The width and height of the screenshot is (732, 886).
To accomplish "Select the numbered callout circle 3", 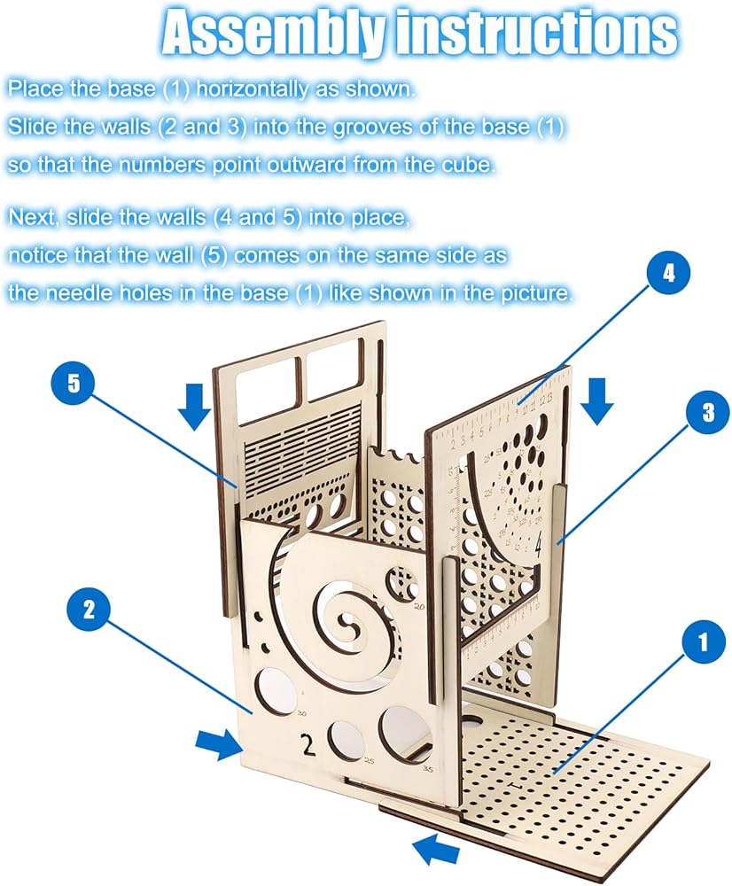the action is (706, 414).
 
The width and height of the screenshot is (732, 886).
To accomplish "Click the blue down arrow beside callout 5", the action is (194, 405).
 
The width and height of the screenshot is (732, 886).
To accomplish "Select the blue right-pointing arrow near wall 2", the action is (217, 744).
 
